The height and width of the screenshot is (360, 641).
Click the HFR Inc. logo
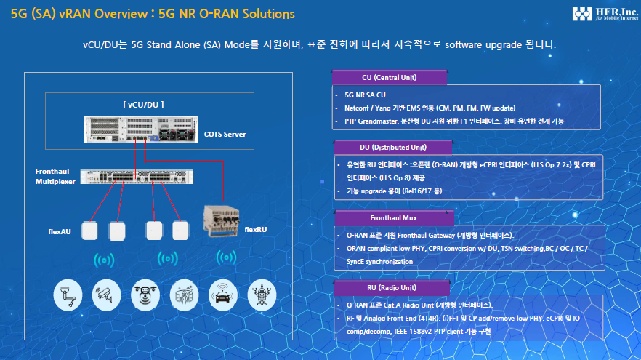tap(605, 14)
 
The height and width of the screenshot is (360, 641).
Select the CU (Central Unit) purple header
tap(390, 77)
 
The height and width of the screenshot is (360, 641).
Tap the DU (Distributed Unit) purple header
tap(393, 147)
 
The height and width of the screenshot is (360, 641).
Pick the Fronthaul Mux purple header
tap(394, 218)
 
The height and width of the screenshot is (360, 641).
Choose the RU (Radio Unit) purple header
tap(392, 287)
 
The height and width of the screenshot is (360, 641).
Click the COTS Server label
tap(225, 134)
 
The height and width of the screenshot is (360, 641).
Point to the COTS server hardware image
tap(141, 129)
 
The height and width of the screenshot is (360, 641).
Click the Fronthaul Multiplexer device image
tap(137, 177)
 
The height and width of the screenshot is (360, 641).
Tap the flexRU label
tap(256, 230)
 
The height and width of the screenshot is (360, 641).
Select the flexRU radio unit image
tap(221, 221)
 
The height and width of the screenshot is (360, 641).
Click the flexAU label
tap(60, 231)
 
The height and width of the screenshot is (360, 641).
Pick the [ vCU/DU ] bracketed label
tap(143, 105)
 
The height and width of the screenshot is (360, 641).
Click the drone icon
tap(145, 295)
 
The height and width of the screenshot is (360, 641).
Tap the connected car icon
tap(223, 295)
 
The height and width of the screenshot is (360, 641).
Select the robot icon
tap(262, 295)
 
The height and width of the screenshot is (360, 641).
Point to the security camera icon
tap(106, 295)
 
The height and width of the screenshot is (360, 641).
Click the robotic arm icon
tap(68, 295)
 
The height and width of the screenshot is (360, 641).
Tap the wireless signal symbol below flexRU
tap(226, 257)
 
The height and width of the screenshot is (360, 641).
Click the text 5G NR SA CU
tap(365, 95)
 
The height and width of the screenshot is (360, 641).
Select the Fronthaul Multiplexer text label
tap(55, 176)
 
